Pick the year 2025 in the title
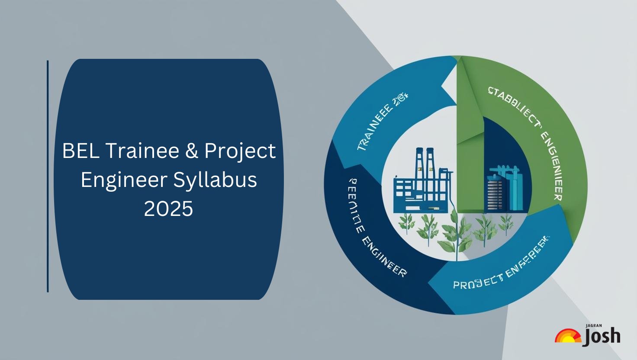[168, 209]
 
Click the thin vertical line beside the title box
[48, 176]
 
